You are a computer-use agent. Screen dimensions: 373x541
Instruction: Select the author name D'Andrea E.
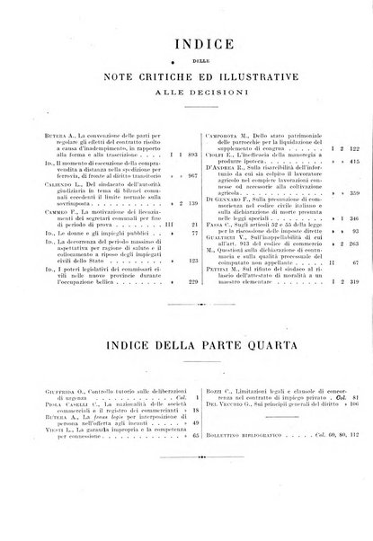(x=220, y=168)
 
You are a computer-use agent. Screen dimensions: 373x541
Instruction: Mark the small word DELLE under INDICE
(x=187, y=61)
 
